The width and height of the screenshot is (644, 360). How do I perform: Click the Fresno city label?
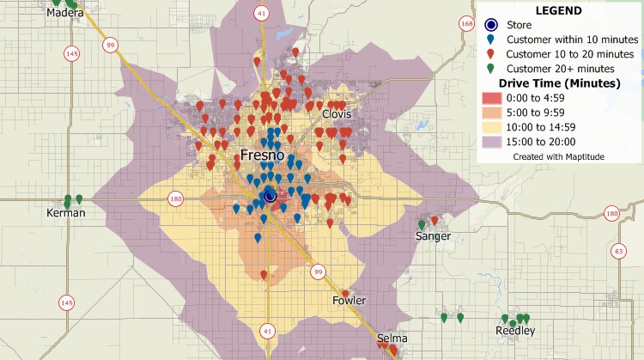[268, 156]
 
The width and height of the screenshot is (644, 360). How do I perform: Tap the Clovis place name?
[337, 114]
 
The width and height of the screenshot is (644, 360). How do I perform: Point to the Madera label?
[64, 14]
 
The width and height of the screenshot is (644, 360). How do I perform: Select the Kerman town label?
[67, 212]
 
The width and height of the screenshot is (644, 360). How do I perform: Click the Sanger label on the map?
[432, 235]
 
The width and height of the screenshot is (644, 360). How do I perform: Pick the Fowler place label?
[349, 301]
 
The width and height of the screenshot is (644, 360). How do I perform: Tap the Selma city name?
[392, 339]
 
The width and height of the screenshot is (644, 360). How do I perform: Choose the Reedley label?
[515, 331]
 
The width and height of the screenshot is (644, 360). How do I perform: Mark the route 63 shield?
[617, 251]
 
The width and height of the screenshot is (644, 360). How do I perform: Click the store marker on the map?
[270, 196]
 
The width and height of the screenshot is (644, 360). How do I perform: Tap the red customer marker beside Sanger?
[434, 221]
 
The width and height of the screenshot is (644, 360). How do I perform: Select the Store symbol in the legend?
[491, 25]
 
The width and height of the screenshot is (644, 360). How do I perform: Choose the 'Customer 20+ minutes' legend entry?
[559, 69]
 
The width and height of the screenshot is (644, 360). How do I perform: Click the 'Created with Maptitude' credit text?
[558, 157]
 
